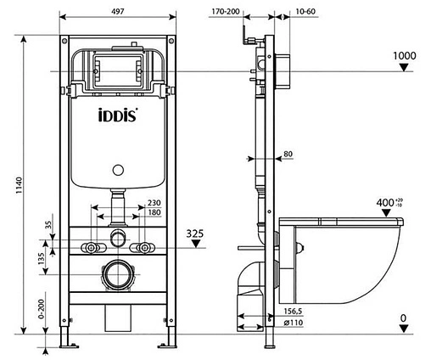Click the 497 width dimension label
point(118,11)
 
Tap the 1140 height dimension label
point(19,185)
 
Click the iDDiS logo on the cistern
point(118,115)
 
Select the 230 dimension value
point(154,203)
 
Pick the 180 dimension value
point(154,212)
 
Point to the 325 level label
point(195,233)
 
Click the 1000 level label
point(405,56)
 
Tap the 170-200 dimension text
point(226,12)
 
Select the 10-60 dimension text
point(305,12)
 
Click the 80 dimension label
point(288,154)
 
